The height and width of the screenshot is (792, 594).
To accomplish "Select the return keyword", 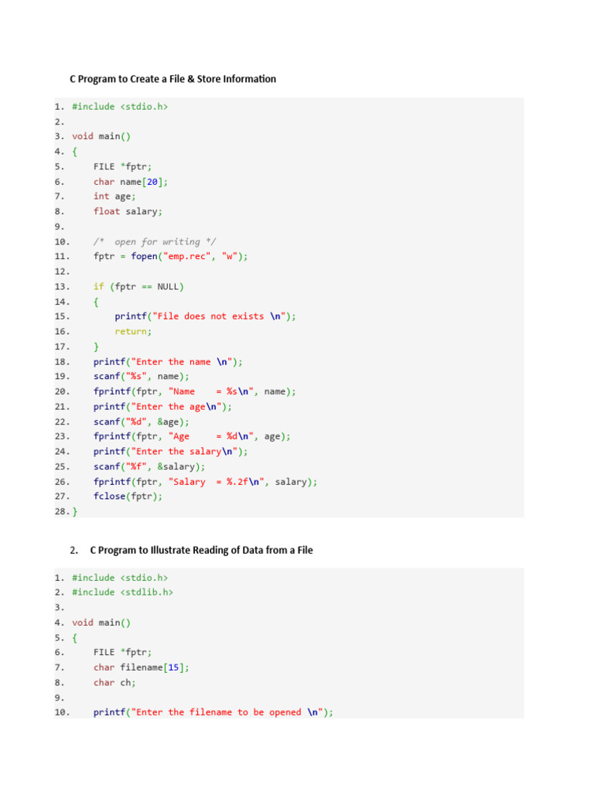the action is [131, 331].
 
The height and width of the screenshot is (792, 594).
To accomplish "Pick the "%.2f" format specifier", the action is [239, 482].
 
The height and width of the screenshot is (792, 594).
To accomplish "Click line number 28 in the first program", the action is [61, 512].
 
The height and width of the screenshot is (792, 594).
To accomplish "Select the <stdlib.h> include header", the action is [146, 592].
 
